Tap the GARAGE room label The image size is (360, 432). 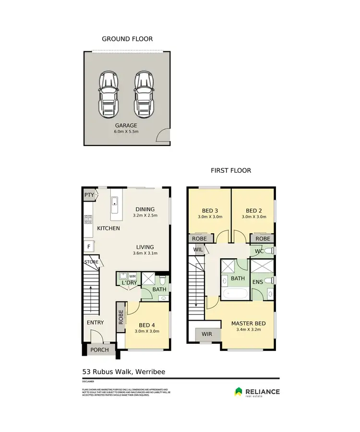[126, 125]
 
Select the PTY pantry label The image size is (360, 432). [89, 195]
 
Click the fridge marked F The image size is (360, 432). [88, 247]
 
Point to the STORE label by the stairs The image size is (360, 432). [91, 262]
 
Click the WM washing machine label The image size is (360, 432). [132, 277]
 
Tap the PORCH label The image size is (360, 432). [100, 349]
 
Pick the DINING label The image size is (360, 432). [144, 209]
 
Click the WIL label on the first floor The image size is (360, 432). [198, 250]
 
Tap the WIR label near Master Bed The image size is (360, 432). [207, 334]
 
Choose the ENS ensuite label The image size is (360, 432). [258, 282]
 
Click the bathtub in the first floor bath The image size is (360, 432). [235, 293]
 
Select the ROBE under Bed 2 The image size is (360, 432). [262, 239]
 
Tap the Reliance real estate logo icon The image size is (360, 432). [239, 392]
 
